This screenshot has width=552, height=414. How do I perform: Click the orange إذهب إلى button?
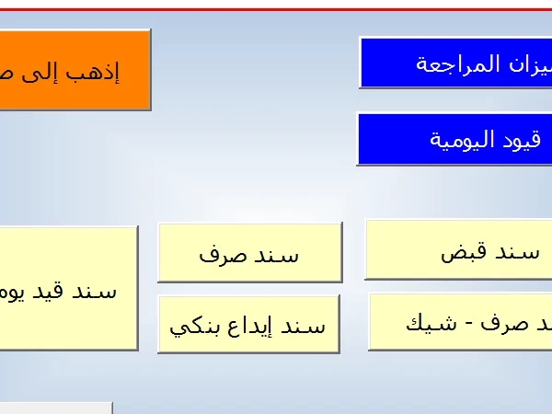click(74, 70)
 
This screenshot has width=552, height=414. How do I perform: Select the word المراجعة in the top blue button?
click(460, 63)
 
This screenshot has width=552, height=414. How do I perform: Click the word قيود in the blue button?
click(525, 140)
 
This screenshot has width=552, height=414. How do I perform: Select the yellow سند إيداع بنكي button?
click(248, 324)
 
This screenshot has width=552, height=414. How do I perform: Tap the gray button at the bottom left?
click(55, 408)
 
